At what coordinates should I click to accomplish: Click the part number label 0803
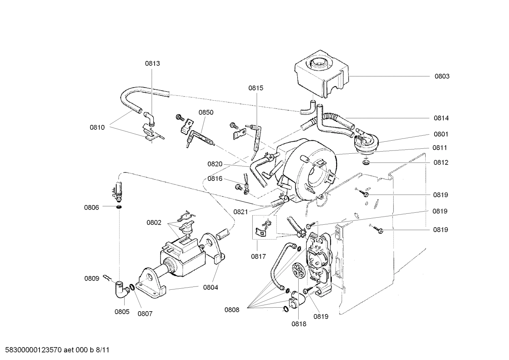click(442, 76)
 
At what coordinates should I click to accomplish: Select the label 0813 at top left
click(152, 64)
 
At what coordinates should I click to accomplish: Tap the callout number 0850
click(206, 112)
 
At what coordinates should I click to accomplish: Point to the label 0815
click(256, 88)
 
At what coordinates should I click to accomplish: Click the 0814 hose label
click(441, 118)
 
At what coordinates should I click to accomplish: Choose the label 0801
click(441, 134)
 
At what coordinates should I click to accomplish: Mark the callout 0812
click(441, 163)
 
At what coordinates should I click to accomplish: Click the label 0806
click(91, 207)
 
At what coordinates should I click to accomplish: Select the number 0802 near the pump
click(154, 223)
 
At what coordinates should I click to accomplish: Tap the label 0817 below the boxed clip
click(258, 256)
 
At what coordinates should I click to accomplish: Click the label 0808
click(232, 310)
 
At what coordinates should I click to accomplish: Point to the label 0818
click(299, 323)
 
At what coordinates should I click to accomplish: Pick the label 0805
click(122, 312)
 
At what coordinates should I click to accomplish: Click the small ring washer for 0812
click(366, 163)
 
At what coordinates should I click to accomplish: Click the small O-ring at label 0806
click(119, 207)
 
